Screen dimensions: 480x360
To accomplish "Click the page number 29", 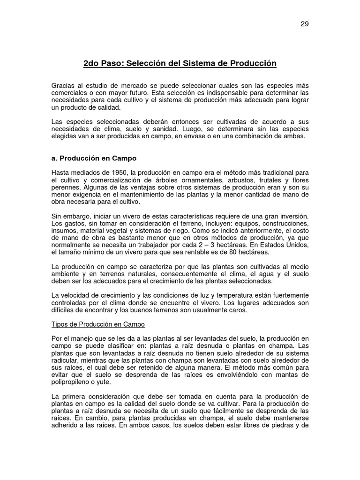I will [x=305, y=24].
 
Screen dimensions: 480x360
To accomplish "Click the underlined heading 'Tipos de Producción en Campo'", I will [x=98, y=324].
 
